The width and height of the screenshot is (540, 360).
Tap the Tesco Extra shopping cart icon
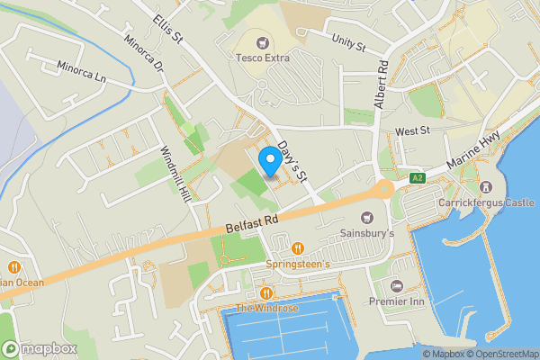point(263,42)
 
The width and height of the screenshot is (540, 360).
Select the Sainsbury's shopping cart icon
point(367,217)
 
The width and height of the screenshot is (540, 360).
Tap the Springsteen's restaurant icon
point(298,248)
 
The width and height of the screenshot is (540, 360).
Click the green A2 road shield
point(416,177)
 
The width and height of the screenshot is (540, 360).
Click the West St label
point(413,131)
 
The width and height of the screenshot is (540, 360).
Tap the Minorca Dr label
point(145,56)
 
